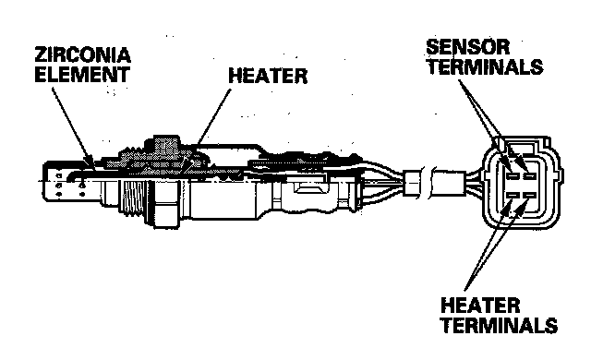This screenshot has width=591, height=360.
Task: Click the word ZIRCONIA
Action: pos(82,55)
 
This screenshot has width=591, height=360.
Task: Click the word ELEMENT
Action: pos(82,74)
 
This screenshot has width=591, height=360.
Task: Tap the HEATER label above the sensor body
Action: pos(268,76)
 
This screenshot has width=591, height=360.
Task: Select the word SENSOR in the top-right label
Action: pos(468,47)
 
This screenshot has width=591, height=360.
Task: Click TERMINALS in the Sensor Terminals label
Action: pos(485,66)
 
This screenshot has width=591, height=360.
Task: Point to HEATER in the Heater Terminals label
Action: pos(480,305)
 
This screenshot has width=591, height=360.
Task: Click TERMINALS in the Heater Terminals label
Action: pos(499,325)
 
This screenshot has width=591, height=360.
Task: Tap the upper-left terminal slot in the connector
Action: pos(513,176)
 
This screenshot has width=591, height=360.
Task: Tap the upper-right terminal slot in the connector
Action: pos(529,176)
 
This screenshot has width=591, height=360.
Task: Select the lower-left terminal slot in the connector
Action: pos(513,195)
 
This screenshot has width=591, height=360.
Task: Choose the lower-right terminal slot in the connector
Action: pos(529,195)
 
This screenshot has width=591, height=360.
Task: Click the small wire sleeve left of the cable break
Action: pos(412,184)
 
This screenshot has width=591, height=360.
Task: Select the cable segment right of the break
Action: pos(449,184)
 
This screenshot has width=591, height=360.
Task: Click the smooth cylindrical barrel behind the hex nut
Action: pos(223,198)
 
